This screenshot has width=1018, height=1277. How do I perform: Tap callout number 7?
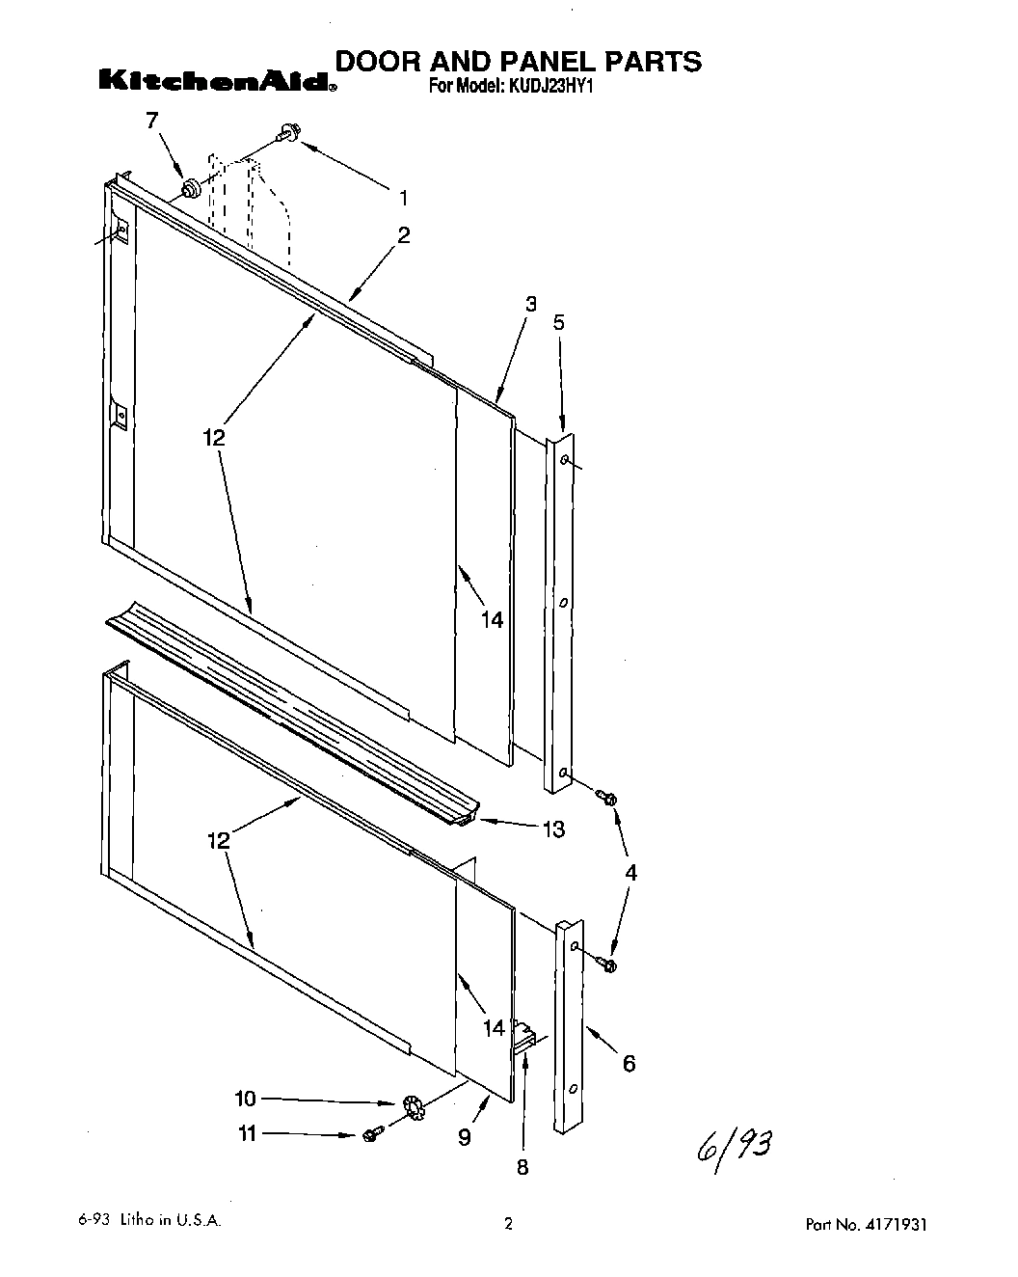151,121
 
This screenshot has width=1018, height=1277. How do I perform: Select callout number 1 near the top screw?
403,198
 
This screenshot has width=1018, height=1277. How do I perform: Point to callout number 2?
403,235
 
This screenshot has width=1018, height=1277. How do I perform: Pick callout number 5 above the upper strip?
559,322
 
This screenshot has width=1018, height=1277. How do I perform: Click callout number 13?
553,829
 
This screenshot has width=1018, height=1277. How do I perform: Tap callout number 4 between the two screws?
630,873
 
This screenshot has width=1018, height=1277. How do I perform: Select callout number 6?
629,1063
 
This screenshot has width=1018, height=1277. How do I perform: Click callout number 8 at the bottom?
522,1167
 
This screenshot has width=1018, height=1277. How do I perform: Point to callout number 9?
465,1138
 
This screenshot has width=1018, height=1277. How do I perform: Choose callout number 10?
246,1099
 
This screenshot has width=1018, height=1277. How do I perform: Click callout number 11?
248,1134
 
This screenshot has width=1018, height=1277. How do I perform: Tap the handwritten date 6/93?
733,1146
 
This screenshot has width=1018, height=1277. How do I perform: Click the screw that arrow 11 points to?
371,1134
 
